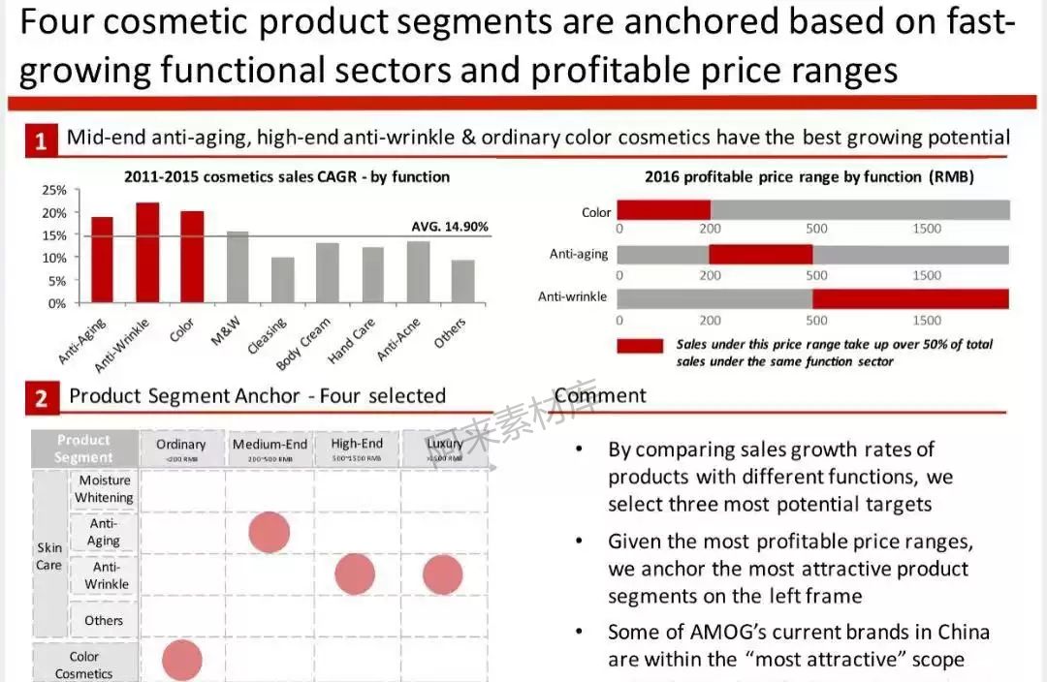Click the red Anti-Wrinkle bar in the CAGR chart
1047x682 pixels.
pyautogui.click(x=147, y=253)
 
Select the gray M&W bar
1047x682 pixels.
pyautogui.click(x=237, y=267)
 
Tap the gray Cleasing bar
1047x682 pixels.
pyautogui.click(x=282, y=280)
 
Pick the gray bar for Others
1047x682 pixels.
pyautogui.click(x=462, y=281)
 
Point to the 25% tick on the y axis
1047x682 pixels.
pyautogui.click(x=54, y=190)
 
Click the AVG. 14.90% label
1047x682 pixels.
pyautogui.click(x=450, y=227)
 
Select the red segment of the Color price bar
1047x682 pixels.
pyautogui.click(x=663, y=210)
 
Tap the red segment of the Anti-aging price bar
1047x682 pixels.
pyautogui.click(x=760, y=254)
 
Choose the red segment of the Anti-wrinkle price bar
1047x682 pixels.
pyautogui.click(x=910, y=297)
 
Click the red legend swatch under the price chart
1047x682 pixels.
pyautogui.click(x=640, y=346)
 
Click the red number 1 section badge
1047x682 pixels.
pyautogui.click(x=41, y=141)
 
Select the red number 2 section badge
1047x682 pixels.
pyautogui.click(x=41, y=398)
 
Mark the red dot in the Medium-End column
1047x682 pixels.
pyautogui.click(x=270, y=533)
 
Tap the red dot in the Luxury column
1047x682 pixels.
pyautogui.click(x=443, y=574)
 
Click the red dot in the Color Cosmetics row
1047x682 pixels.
pyautogui.click(x=182, y=660)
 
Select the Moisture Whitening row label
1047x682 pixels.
pyautogui.click(x=105, y=489)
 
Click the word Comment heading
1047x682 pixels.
pyautogui.click(x=600, y=395)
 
